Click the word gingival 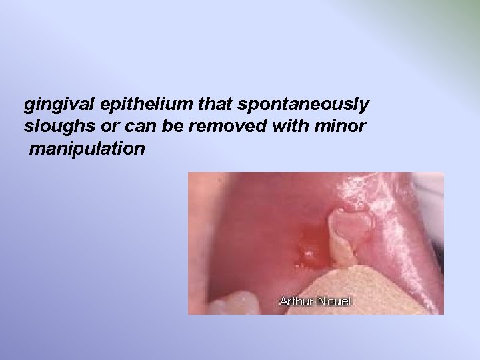pos(54,105)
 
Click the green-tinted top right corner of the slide pos(460,17)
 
